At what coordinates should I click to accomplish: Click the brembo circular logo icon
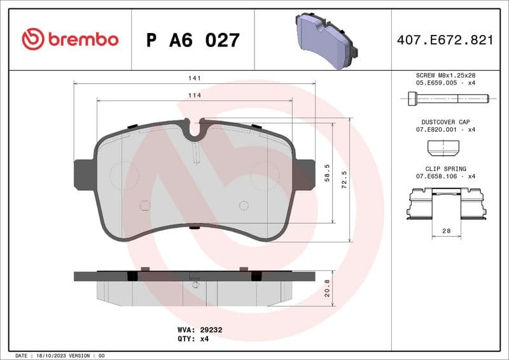pyautogui.click(x=33, y=39)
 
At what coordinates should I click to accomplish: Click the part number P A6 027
pyautogui.click(x=193, y=40)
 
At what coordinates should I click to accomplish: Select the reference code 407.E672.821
pyautogui.click(x=445, y=40)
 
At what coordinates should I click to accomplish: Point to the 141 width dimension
pyautogui.click(x=195, y=78)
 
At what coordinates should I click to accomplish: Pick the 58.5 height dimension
pyautogui.click(x=327, y=172)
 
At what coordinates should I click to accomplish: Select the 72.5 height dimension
pyautogui.click(x=344, y=179)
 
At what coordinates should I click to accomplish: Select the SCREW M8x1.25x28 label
pyautogui.click(x=445, y=75)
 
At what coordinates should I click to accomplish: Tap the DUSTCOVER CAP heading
pyautogui.click(x=445, y=121)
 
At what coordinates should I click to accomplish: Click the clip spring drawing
pyautogui.click(x=445, y=206)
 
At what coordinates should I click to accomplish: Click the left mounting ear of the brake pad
pyautogui.click(x=83, y=174)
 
